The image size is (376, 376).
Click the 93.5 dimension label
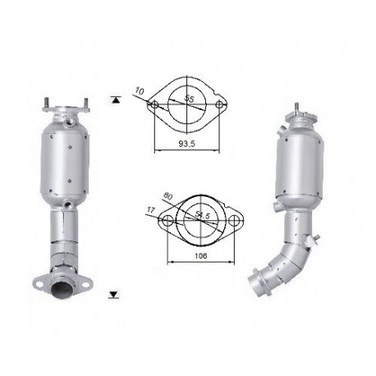point(186,144)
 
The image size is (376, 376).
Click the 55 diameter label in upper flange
point(189,98)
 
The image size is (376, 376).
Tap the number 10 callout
point(139,91)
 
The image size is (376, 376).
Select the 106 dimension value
point(201,256)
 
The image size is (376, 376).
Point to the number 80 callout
point(167,196)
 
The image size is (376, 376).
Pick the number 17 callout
point(151,210)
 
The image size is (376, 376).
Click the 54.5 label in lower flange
point(202,215)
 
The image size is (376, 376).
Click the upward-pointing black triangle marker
point(116,100)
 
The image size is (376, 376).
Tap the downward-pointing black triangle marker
point(113,295)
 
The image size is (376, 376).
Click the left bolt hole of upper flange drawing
point(154,104)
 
